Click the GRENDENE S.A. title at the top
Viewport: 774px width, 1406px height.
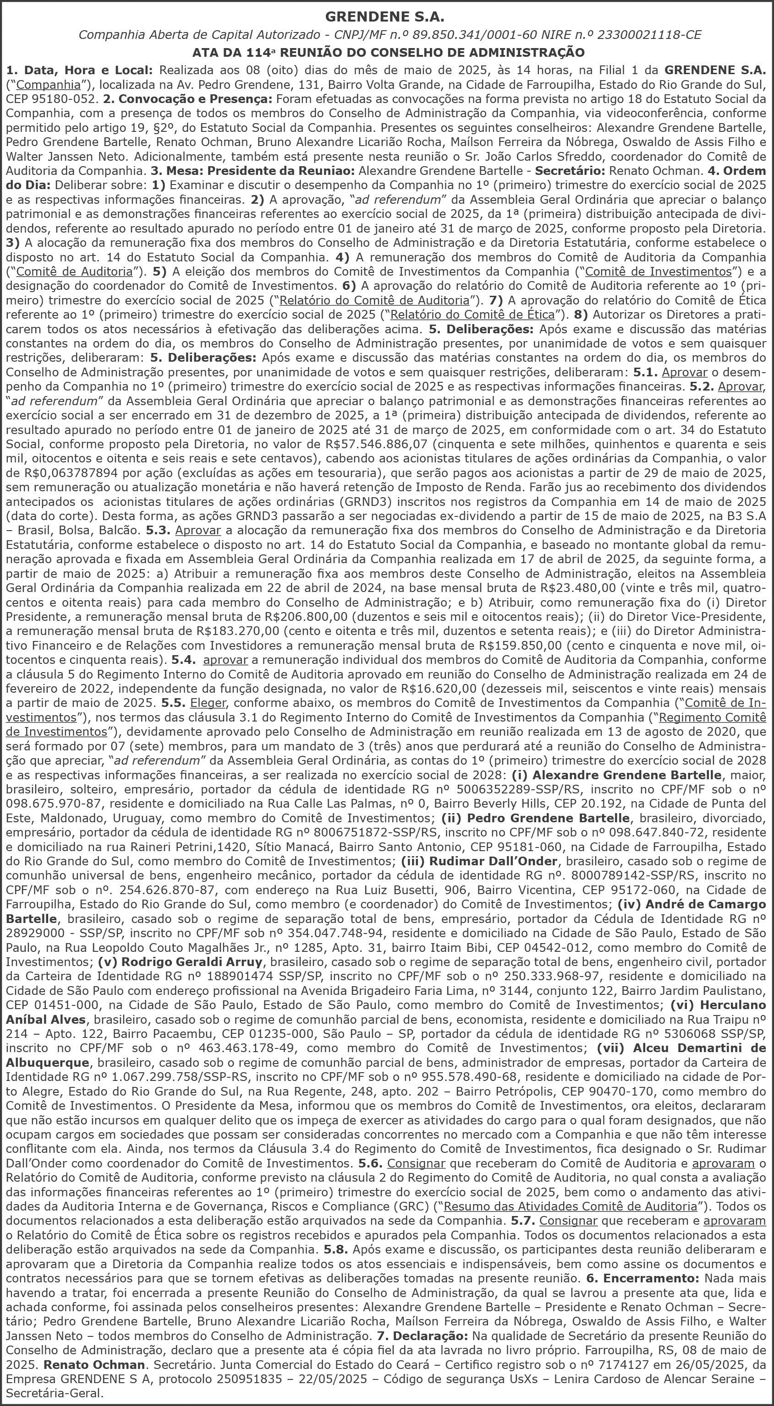point(387,16)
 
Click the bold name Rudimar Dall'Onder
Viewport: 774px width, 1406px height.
point(493,861)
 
